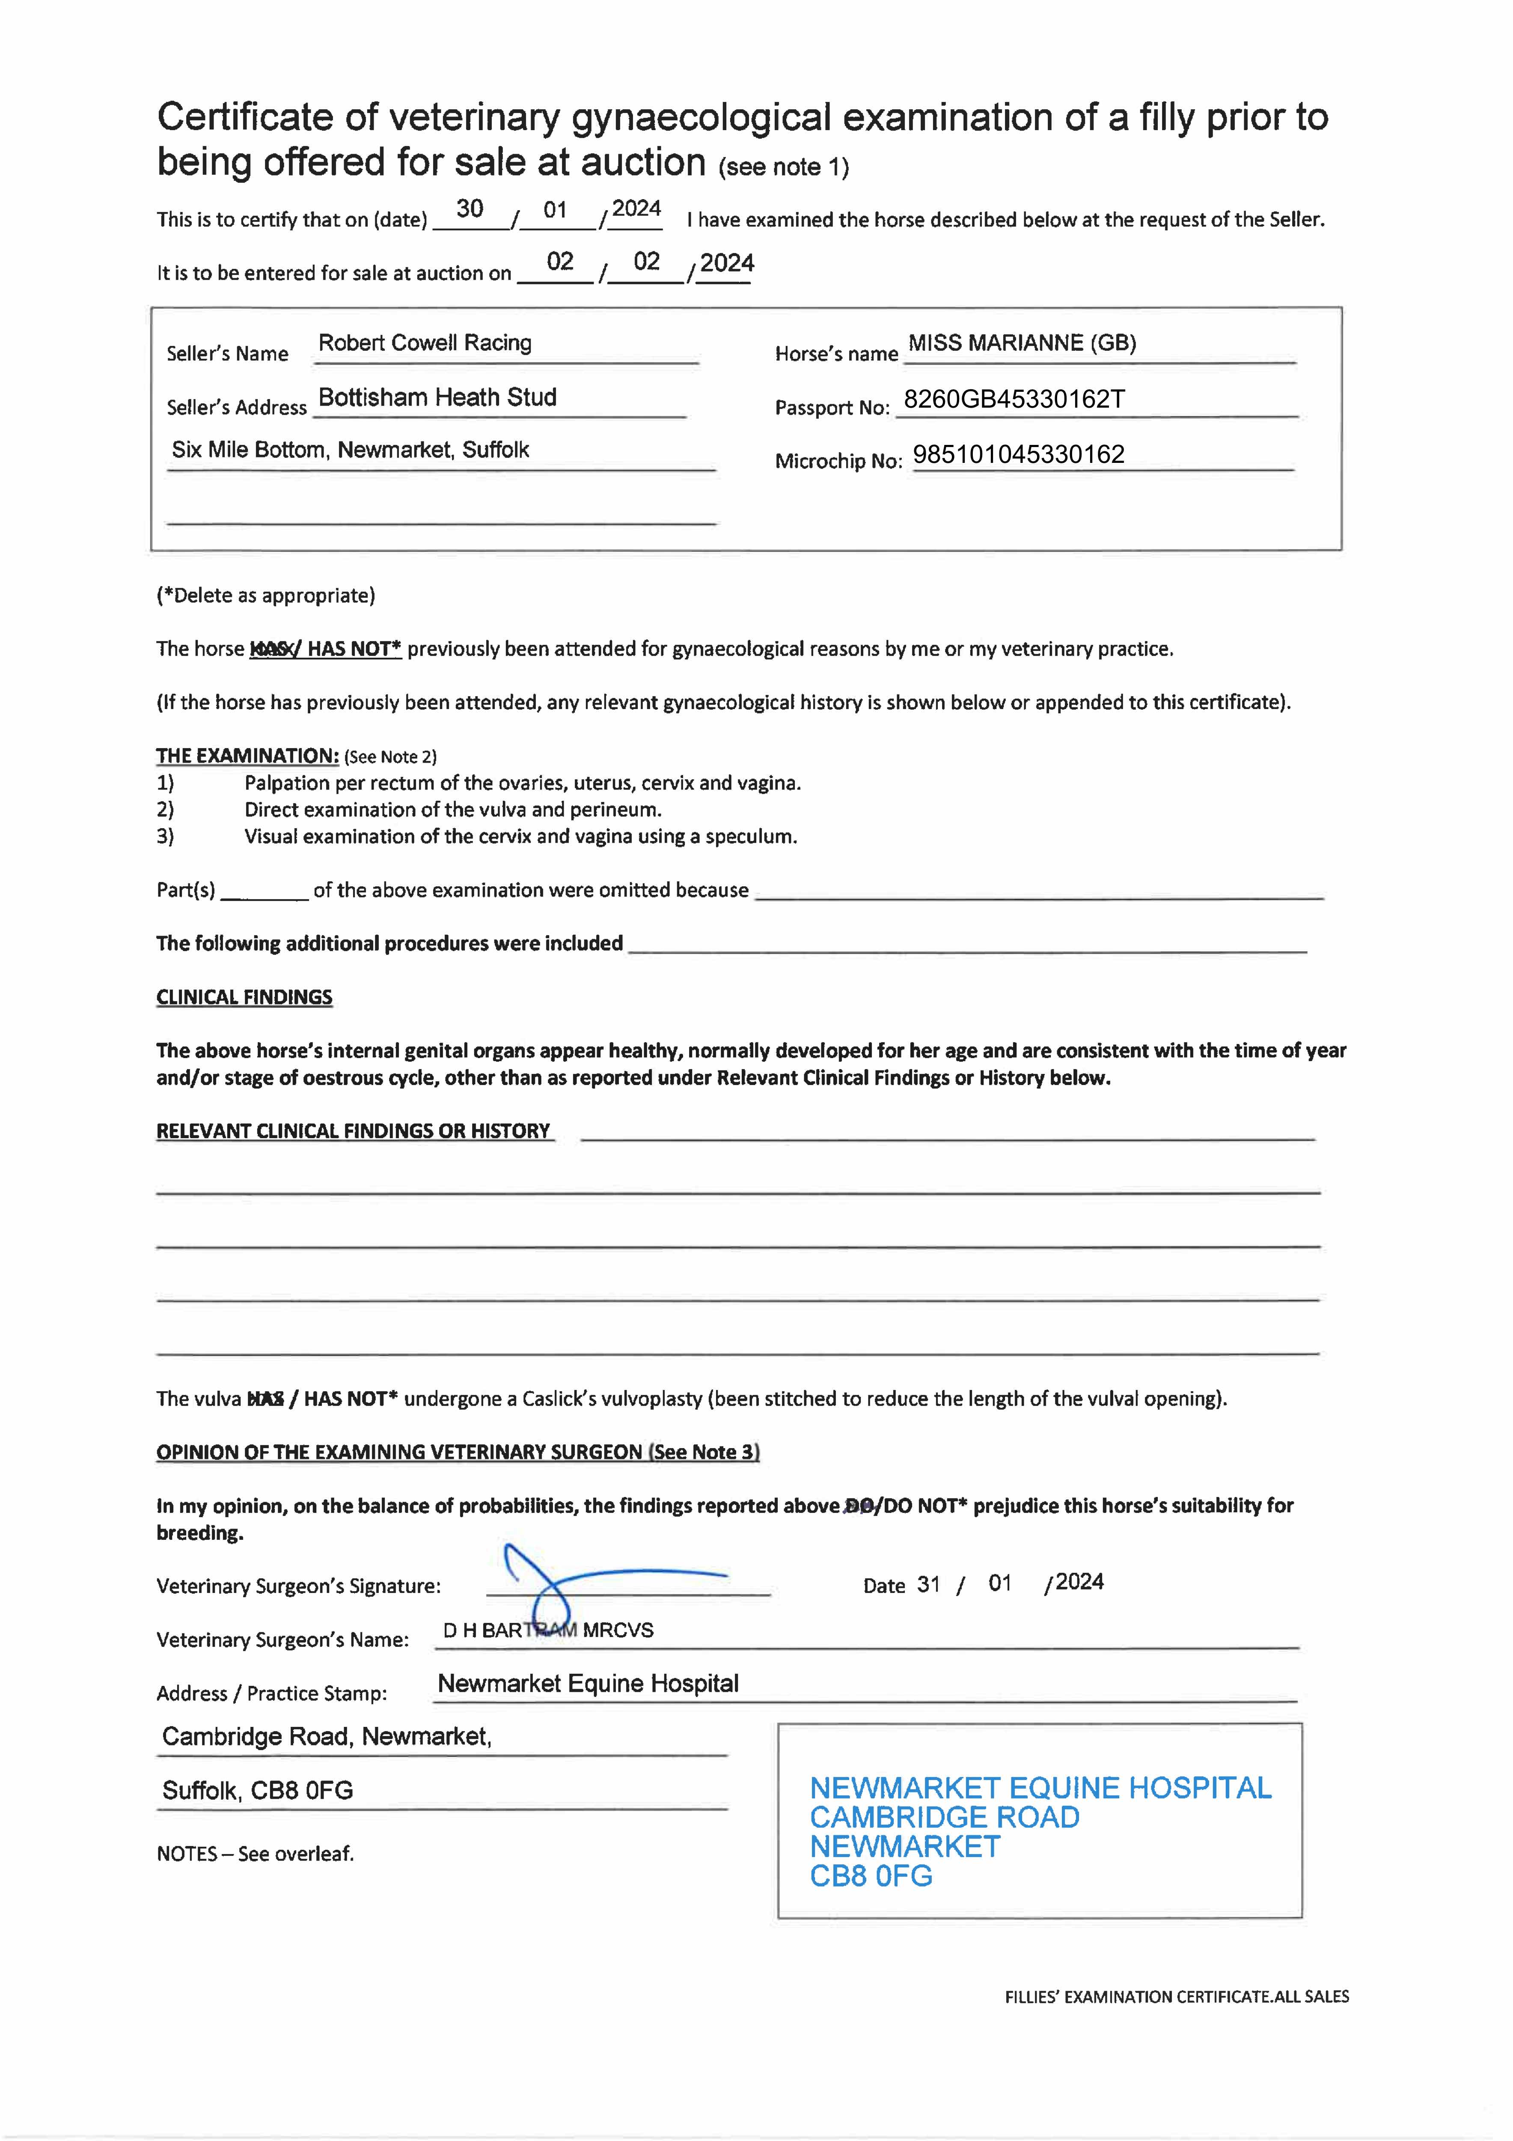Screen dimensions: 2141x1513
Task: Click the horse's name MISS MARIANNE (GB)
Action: pos(1022,343)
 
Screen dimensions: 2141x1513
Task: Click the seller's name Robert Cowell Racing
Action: pos(425,343)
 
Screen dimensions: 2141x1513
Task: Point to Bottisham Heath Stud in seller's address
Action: pos(437,397)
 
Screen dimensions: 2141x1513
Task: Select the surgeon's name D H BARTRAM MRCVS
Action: pos(548,1630)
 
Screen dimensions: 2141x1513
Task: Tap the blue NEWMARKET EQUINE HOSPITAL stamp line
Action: pos(1040,1788)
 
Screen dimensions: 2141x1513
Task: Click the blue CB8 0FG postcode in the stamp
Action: pos(871,1875)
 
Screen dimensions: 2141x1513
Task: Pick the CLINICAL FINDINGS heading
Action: pos(244,997)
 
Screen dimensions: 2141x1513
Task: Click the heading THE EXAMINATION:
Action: pos(247,755)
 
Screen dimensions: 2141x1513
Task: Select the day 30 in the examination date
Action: pos(470,209)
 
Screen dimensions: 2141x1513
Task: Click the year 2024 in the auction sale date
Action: pos(726,263)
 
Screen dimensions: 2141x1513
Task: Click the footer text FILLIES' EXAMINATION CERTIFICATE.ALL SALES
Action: pos(1177,1996)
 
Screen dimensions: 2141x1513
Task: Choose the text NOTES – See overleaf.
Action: pos(256,1853)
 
